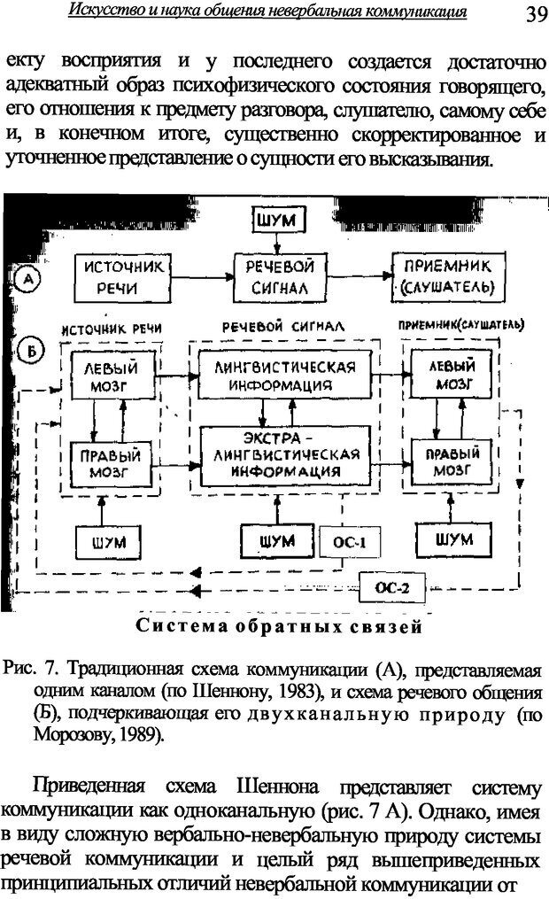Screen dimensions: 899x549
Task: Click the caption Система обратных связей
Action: [277, 628]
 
